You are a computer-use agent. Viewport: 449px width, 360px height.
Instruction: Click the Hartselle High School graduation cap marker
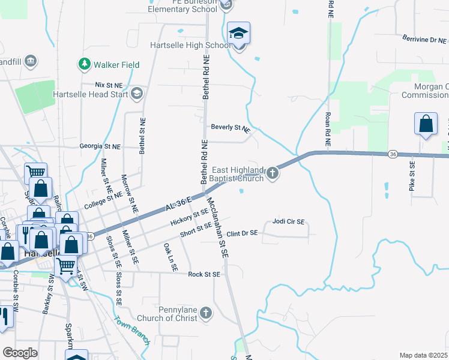(239, 34)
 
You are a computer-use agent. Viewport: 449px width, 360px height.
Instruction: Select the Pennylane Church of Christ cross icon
(205, 313)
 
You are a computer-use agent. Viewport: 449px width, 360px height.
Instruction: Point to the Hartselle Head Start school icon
(137, 93)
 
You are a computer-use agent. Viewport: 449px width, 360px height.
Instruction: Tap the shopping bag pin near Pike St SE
(426, 124)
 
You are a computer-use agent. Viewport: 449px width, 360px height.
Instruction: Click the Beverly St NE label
(230, 128)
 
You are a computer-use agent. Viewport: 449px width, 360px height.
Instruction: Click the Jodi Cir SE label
(289, 221)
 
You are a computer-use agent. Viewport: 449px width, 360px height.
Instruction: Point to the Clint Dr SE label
(242, 232)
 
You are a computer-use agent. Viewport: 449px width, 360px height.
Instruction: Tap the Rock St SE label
(205, 274)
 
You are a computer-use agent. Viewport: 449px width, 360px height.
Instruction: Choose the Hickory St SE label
(188, 220)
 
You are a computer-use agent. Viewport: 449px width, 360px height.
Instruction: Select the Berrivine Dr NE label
(424, 40)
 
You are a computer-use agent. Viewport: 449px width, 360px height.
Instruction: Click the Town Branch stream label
(132, 329)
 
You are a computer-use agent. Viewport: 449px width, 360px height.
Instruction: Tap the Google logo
(20, 353)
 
